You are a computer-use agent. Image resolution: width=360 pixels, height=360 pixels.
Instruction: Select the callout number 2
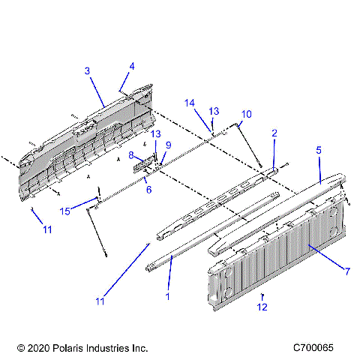click(274, 133)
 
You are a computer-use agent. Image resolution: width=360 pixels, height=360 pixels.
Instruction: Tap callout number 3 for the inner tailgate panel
click(87, 70)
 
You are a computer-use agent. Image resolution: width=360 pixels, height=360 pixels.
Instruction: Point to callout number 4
click(132, 66)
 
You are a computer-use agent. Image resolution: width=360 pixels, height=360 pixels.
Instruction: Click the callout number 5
click(318, 151)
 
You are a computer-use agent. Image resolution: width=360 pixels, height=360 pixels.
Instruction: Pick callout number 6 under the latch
click(148, 190)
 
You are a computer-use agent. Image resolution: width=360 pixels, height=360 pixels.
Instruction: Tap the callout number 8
click(130, 155)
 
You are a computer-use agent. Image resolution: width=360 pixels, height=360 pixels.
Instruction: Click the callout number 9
click(168, 145)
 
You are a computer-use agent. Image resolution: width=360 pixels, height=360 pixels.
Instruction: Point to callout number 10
click(246, 113)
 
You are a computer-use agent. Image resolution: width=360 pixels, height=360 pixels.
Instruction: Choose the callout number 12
click(262, 307)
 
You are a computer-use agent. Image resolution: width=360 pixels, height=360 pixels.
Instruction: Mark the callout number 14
click(190, 102)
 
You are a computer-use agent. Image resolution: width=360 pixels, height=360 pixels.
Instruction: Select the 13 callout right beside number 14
click(214, 110)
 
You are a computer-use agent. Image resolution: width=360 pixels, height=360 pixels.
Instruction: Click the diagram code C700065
click(318, 349)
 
